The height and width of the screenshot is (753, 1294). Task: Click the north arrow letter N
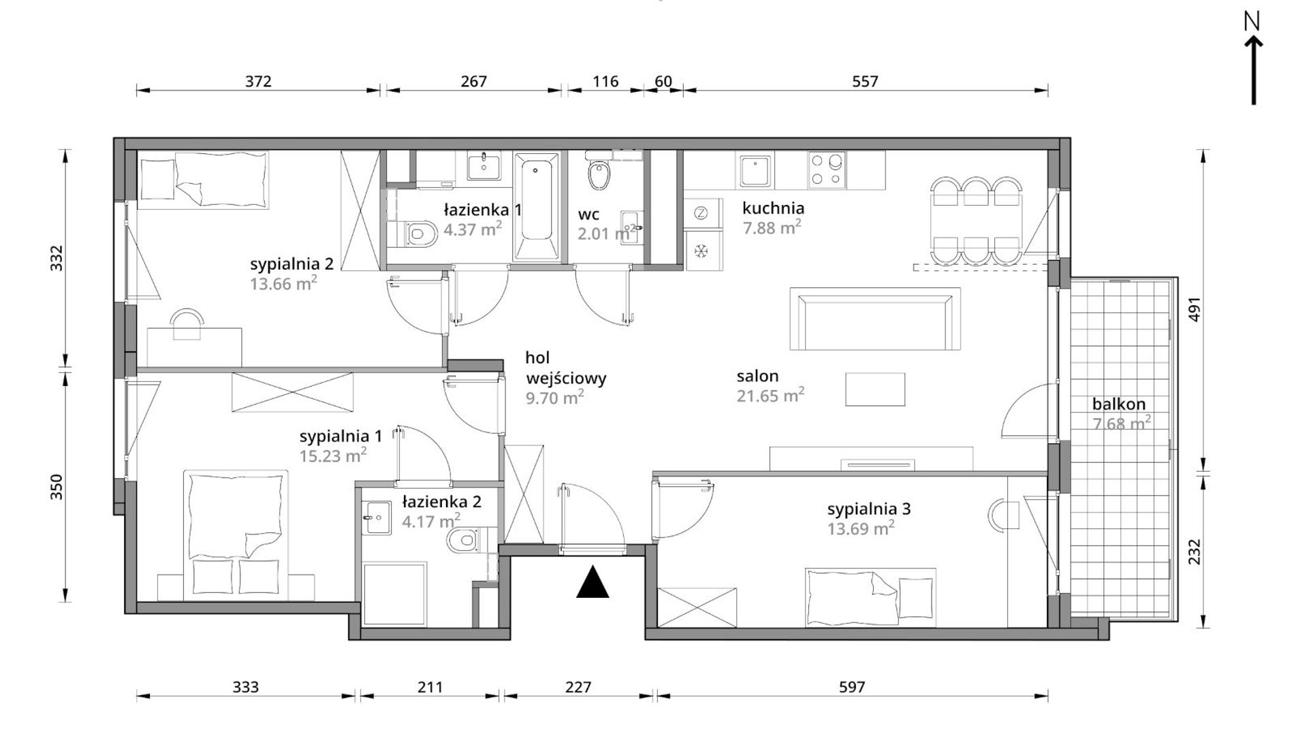(1252, 22)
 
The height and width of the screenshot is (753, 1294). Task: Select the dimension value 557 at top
(865, 82)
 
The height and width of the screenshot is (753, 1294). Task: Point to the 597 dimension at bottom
(851, 688)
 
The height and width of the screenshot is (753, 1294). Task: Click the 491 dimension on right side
(1194, 309)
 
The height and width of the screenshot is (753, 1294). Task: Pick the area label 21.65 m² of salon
(770, 395)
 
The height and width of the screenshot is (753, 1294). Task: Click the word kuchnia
(773, 208)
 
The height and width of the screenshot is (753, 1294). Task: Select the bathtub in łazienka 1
(537, 206)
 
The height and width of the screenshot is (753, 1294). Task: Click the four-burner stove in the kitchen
(827, 170)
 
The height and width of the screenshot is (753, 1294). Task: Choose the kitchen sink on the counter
(755, 170)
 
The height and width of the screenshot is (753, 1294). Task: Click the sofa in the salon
(875, 319)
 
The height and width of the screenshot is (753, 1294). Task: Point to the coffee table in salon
(875, 389)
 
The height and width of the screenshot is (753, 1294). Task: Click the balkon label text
(1119, 404)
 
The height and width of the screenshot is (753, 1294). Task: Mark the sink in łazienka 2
(377, 519)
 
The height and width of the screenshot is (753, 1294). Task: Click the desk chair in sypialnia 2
(187, 324)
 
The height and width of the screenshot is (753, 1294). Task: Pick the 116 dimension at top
(605, 82)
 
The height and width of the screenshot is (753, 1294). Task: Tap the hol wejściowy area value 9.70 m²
(555, 397)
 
